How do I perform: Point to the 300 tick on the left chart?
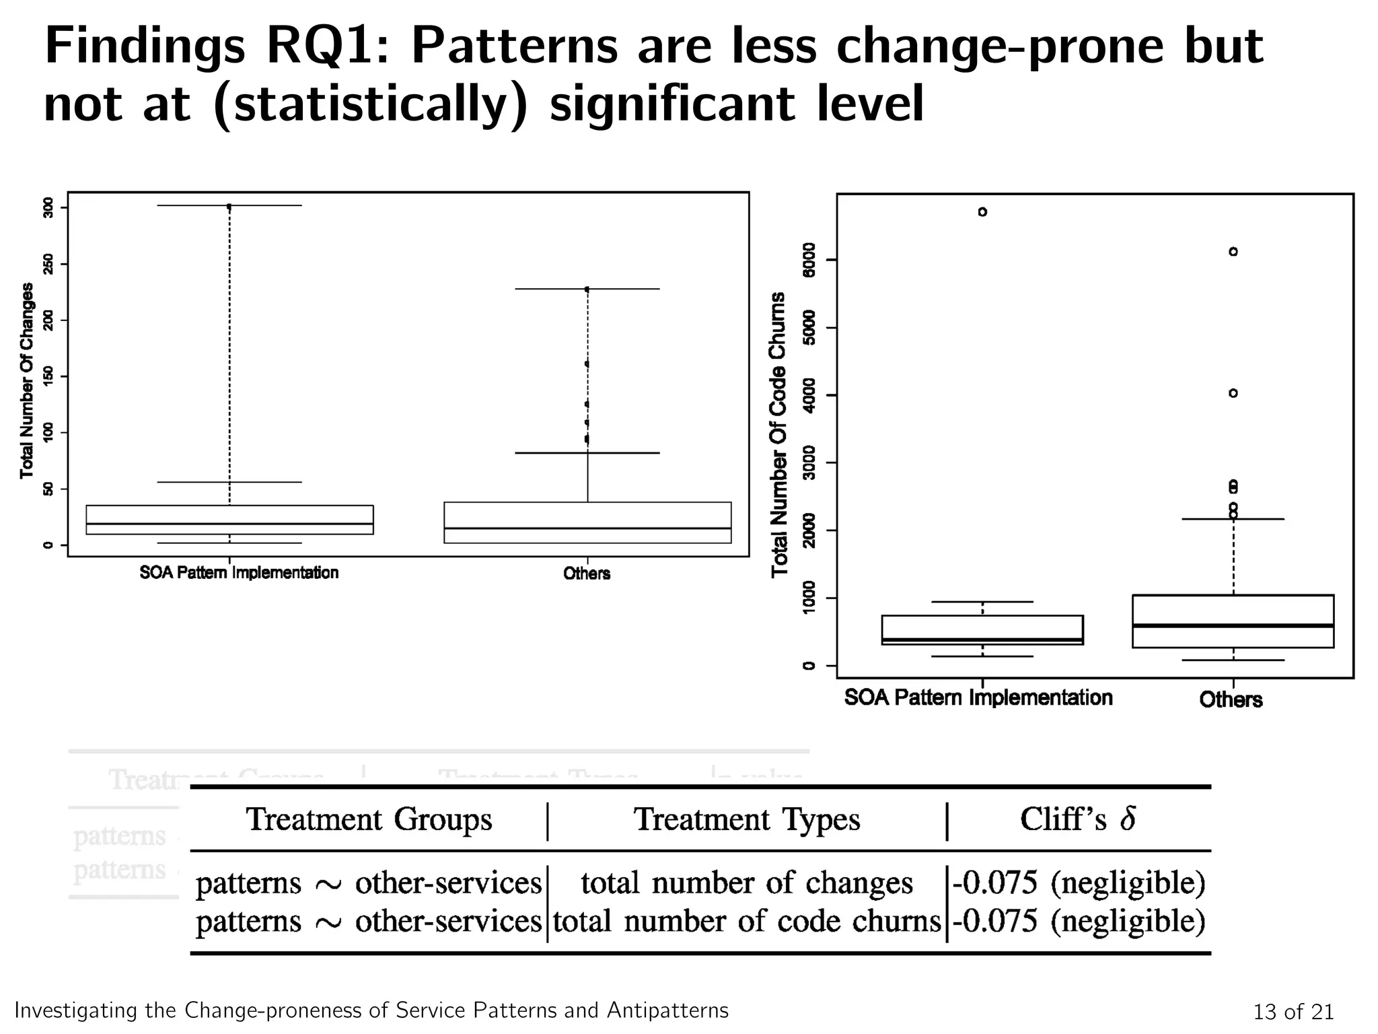coord(48,207)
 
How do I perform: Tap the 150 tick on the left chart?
coord(48,376)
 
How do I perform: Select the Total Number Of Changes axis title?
coord(27,380)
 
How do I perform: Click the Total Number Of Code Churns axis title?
coord(779,434)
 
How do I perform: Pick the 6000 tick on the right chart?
coord(809,260)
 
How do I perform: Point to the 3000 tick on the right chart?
coord(809,462)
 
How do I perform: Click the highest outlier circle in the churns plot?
coord(982,212)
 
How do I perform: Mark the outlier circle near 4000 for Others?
coord(1233,393)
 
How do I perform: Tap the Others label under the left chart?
coord(587,574)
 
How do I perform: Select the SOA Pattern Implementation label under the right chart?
coord(978,697)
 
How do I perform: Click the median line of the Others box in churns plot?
coord(1233,625)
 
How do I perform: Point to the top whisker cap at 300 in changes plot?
coord(229,205)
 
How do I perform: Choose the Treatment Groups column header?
coord(369,820)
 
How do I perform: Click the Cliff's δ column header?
coord(1078,820)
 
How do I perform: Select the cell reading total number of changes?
coord(747,883)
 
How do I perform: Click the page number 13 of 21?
coord(1293,1012)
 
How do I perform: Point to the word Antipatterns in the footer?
coord(667,1010)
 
